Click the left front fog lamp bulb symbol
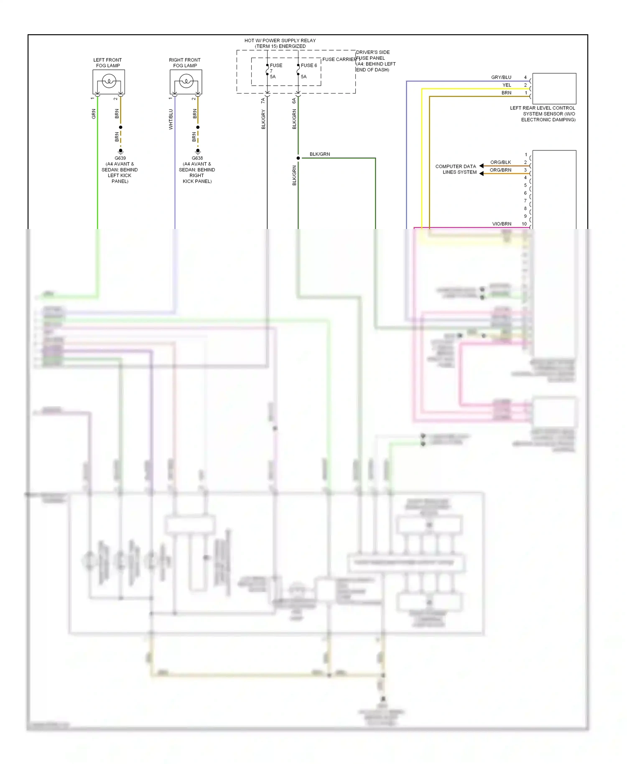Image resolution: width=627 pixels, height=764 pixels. pyautogui.click(x=109, y=81)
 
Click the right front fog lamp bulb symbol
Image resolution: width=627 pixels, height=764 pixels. pyautogui.click(x=186, y=81)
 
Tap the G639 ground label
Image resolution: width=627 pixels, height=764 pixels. pyautogui.click(x=120, y=158)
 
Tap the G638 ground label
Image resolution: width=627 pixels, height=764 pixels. pyautogui.click(x=197, y=158)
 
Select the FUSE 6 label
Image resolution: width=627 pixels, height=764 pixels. pyautogui.click(x=309, y=66)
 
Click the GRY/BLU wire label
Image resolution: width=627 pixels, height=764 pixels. pyautogui.click(x=501, y=77)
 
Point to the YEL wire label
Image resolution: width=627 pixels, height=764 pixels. pyautogui.click(x=507, y=85)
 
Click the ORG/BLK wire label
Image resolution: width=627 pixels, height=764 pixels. pyautogui.click(x=500, y=162)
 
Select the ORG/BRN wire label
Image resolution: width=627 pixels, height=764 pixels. pyautogui.click(x=500, y=170)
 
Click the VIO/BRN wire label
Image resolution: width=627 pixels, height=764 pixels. pyautogui.click(x=501, y=224)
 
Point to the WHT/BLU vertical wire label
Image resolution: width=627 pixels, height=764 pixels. pyautogui.click(x=171, y=120)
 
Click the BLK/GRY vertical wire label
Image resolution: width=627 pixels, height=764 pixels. pyautogui.click(x=263, y=120)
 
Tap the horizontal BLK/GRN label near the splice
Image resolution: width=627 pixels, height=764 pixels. pyautogui.click(x=320, y=154)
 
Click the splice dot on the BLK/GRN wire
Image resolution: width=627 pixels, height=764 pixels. pyautogui.click(x=298, y=158)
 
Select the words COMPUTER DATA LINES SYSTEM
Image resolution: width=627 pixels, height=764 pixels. pyautogui.click(x=456, y=169)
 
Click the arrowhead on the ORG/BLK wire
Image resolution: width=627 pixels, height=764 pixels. pyautogui.click(x=482, y=166)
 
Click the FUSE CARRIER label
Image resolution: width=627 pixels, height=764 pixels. pyautogui.click(x=339, y=59)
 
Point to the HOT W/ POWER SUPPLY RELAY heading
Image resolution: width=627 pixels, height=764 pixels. pyautogui.click(x=280, y=41)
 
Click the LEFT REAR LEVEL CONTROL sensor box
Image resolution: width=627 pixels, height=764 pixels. pyautogui.click(x=554, y=89)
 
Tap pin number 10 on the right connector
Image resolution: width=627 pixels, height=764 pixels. pyautogui.click(x=524, y=224)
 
